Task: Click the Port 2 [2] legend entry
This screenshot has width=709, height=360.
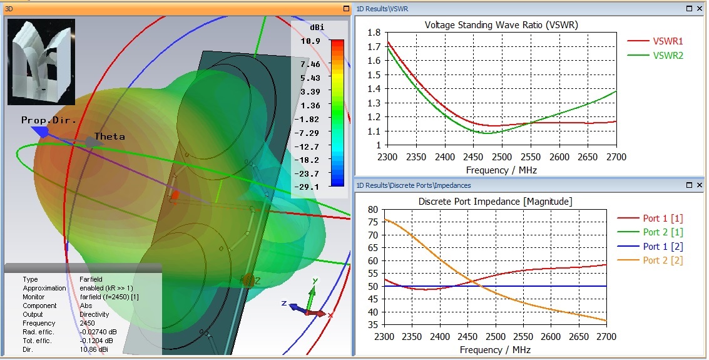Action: click(663, 260)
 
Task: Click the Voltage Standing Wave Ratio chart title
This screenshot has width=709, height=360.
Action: click(501, 26)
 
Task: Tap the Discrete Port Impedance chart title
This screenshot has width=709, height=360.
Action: click(495, 201)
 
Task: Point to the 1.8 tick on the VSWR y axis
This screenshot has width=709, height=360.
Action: click(374, 33)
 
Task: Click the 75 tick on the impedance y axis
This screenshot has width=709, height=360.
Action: click(374, 222)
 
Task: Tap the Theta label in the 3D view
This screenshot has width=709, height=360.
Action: click(110, 136)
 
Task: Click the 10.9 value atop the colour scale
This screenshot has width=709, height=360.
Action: click(310, 41)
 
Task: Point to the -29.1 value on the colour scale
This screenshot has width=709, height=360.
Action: click(309, 187)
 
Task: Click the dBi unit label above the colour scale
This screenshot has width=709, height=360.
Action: click(316, 28)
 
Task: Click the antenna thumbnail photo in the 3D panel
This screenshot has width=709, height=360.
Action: click(41, 61)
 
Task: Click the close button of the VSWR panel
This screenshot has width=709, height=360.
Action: click(700, 9)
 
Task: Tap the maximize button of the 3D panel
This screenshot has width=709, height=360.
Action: click(345, 9)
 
